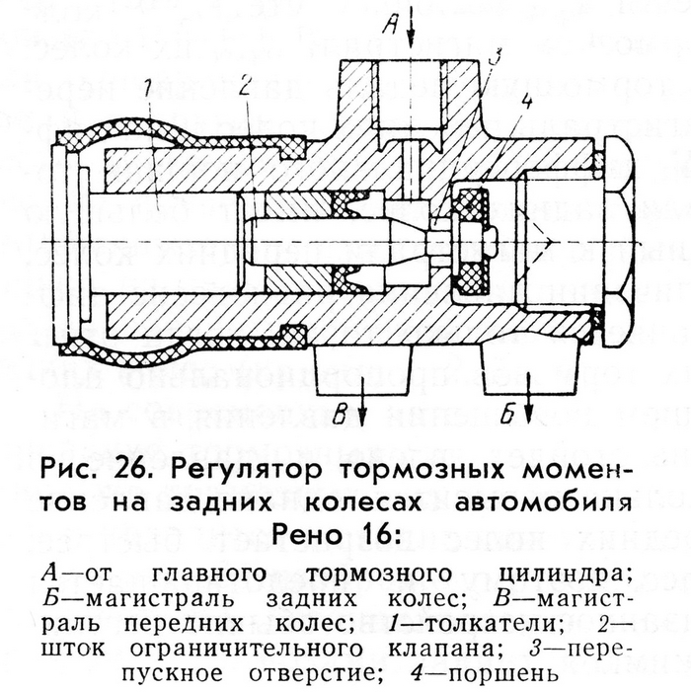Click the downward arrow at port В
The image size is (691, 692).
(365, 400)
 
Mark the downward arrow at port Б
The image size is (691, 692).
(530, 400)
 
